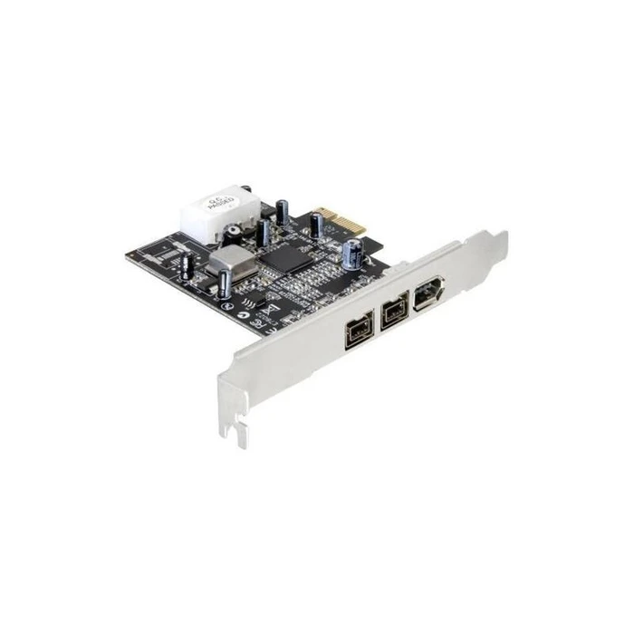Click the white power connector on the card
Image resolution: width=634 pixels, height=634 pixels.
coord(215,213)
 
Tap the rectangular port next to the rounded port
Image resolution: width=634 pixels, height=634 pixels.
coord(391,313)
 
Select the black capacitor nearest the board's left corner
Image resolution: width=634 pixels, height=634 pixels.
coord(186,264)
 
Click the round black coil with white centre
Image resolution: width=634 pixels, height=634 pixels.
coord(234,232)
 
